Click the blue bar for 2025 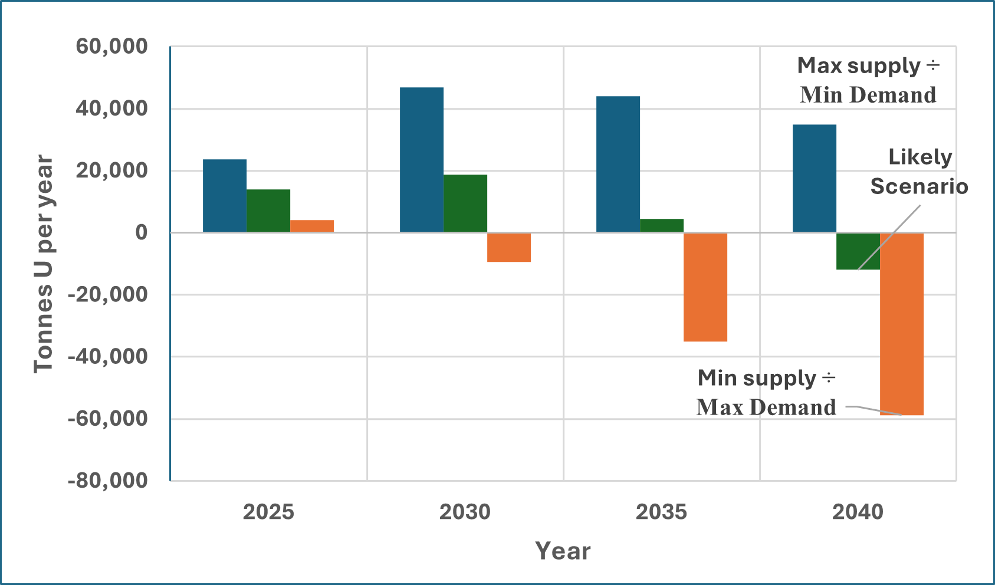click(225, 196)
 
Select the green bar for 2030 click(465, 203)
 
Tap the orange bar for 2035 click(705, 287)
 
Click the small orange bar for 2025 click(312, 226)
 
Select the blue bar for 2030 click(422, 160)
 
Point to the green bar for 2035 click(662, 226)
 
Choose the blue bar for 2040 click(815, 179)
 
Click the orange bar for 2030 click(509, 247)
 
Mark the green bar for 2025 click(268, 211)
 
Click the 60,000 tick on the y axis click(112, 47)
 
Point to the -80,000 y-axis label click(108, 481)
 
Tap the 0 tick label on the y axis click(141, 233)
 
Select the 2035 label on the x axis click(661, 512)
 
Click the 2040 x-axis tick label click(858, 512)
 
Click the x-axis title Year click(563, 551)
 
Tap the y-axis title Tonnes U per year click(44, 264)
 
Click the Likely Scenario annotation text click(919, 172)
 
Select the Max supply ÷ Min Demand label click(868, 80)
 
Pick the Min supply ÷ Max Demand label click(766, 393)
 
